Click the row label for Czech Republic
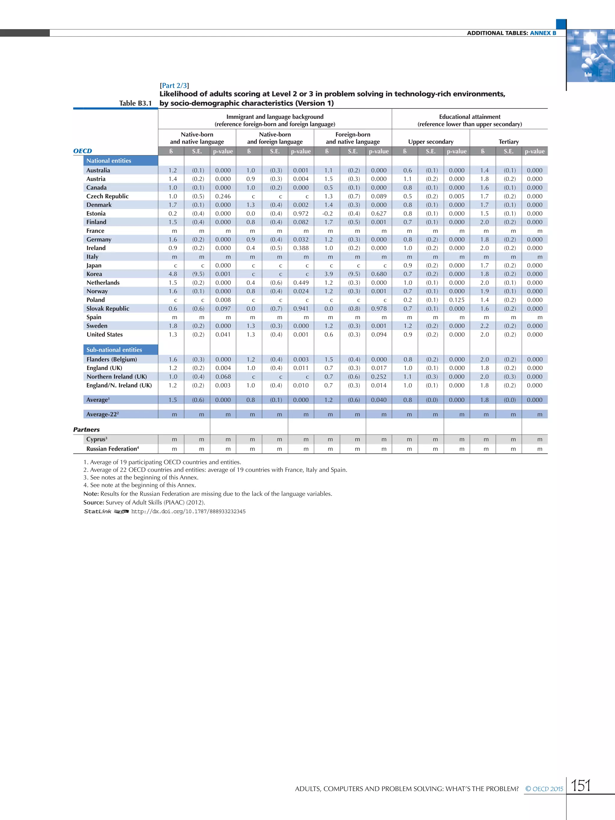(x=108, y=196)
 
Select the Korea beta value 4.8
(x=173, y=274)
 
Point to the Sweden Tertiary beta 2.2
(x=484, y=326)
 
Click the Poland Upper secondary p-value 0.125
(x=456, y=300)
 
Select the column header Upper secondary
(x=430, y=142)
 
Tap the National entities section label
(x=109, y=161)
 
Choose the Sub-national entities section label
(x=114, y=349)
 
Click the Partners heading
(x=86, y=430)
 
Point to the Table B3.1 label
(x=135, y=103)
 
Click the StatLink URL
(x=188, y=512)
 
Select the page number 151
(x=580, y=785)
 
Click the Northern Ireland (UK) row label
(x=117, y=377)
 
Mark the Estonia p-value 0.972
(x=301, y=213)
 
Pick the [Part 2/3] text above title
(x=174, y=86)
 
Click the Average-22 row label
(x=102, y=414)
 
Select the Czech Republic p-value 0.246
(x=223, y=196)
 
